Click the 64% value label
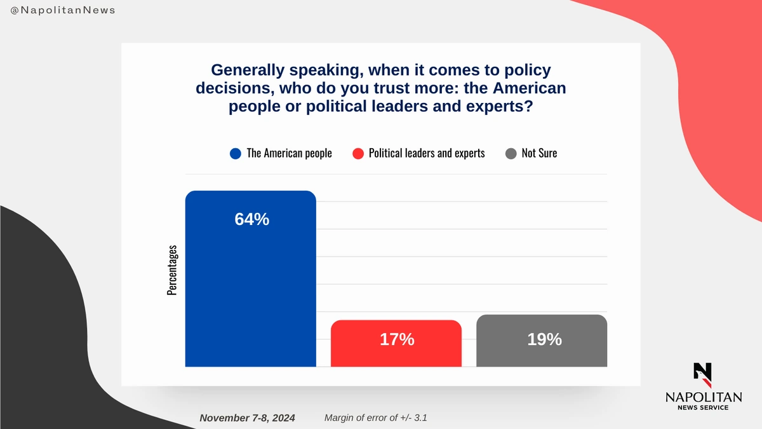pyautogui.click(x=251, y=219)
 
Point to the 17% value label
pyautogui.click(x=397, y=340)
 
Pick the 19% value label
pyautogui.click(x=544, y=339)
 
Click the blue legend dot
pyautogui.click(x=236, y=153)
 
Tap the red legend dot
pyautogui.click(x=358, y=153)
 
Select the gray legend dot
pyautogui.click(x=511, y=153)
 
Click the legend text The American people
pyautogui.click(x=289, y=153)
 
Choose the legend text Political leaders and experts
pyautogui.click(x=427, y=153)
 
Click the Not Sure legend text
pyautogui.click(x=539, y=153)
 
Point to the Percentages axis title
pyautogui.click(x=172, y=270)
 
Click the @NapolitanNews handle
pyautogui.click(x=63, y=11)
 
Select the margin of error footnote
pyautogui.click(x=379, y=418)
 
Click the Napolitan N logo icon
pyautogui.click(x=703, y=375)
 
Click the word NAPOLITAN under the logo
pyautogui.click(x=703, y=397)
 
